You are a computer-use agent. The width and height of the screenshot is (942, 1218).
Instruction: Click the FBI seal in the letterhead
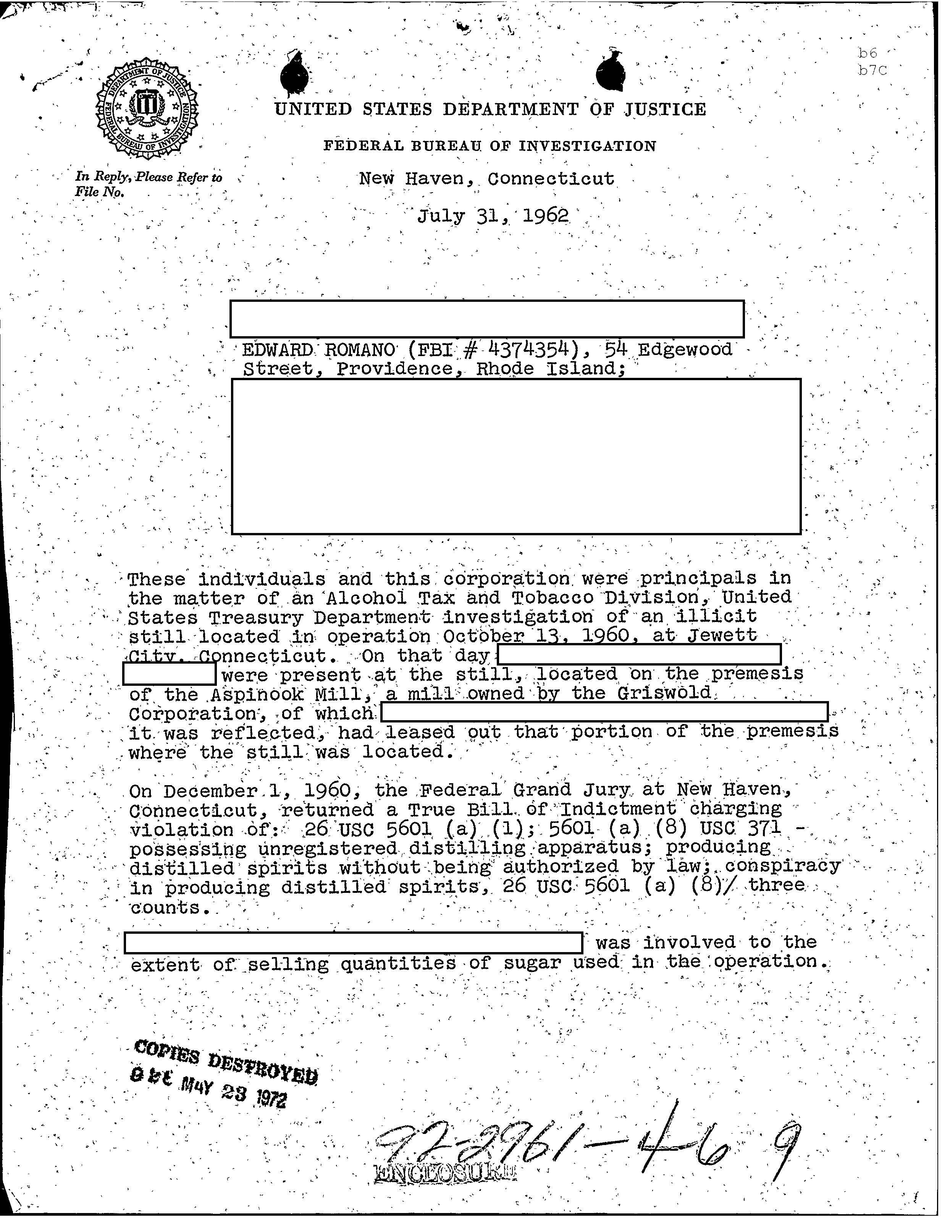pyautogui.click(x=147, y=110)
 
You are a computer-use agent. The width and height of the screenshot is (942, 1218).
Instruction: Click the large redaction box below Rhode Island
pyautogui.click(x=515, y=456)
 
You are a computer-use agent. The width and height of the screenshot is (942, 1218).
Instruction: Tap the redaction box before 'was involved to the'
pyautogui.click(x=353, y=943)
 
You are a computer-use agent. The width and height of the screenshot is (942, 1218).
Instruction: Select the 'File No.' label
pyautogui.click(x=99, y=192)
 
